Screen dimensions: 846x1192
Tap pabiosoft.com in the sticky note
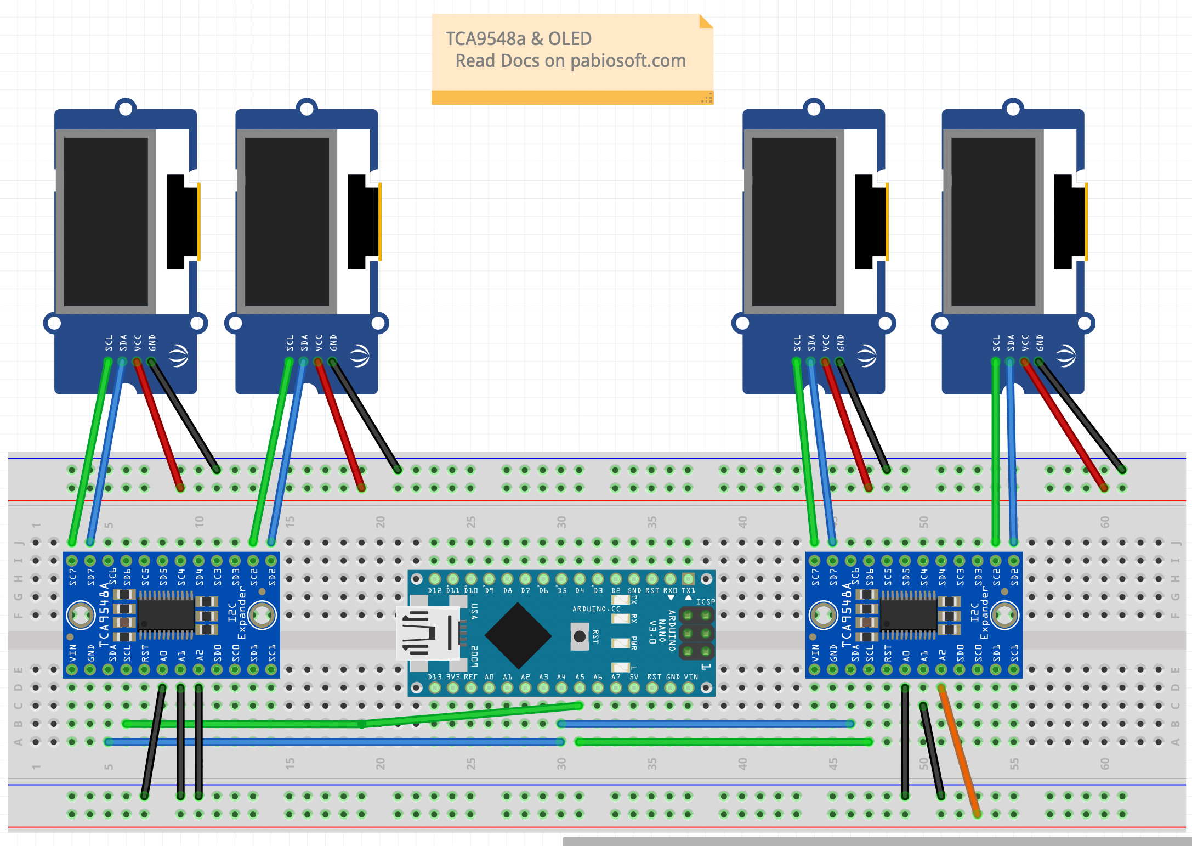[x=628, y=61]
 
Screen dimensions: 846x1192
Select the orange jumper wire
[x=960, y=751]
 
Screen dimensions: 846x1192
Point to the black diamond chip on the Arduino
[x=518, y=635]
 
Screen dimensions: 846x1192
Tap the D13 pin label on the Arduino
[x=435, y=677]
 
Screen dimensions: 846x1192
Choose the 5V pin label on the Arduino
[x=634, y=677]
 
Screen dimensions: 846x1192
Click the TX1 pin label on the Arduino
[x=688, y=591]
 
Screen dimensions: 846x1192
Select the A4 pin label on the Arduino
[x=561, y=677]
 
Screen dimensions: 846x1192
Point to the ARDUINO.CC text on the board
[x=597, y=609]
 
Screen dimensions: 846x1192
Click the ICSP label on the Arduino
[x=706, y=602]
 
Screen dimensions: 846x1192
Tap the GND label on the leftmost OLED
[x=152, y=343]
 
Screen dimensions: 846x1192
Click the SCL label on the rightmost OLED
[x=996, y=343]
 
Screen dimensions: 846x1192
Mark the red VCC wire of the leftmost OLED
[x=158, y=425]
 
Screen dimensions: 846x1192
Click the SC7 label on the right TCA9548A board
[x=815, y=577]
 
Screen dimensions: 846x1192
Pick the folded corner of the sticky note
[x=706, y=21]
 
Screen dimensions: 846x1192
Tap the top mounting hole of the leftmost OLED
[x=126, y=109]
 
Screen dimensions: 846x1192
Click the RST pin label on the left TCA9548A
[x=145, y=653]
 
